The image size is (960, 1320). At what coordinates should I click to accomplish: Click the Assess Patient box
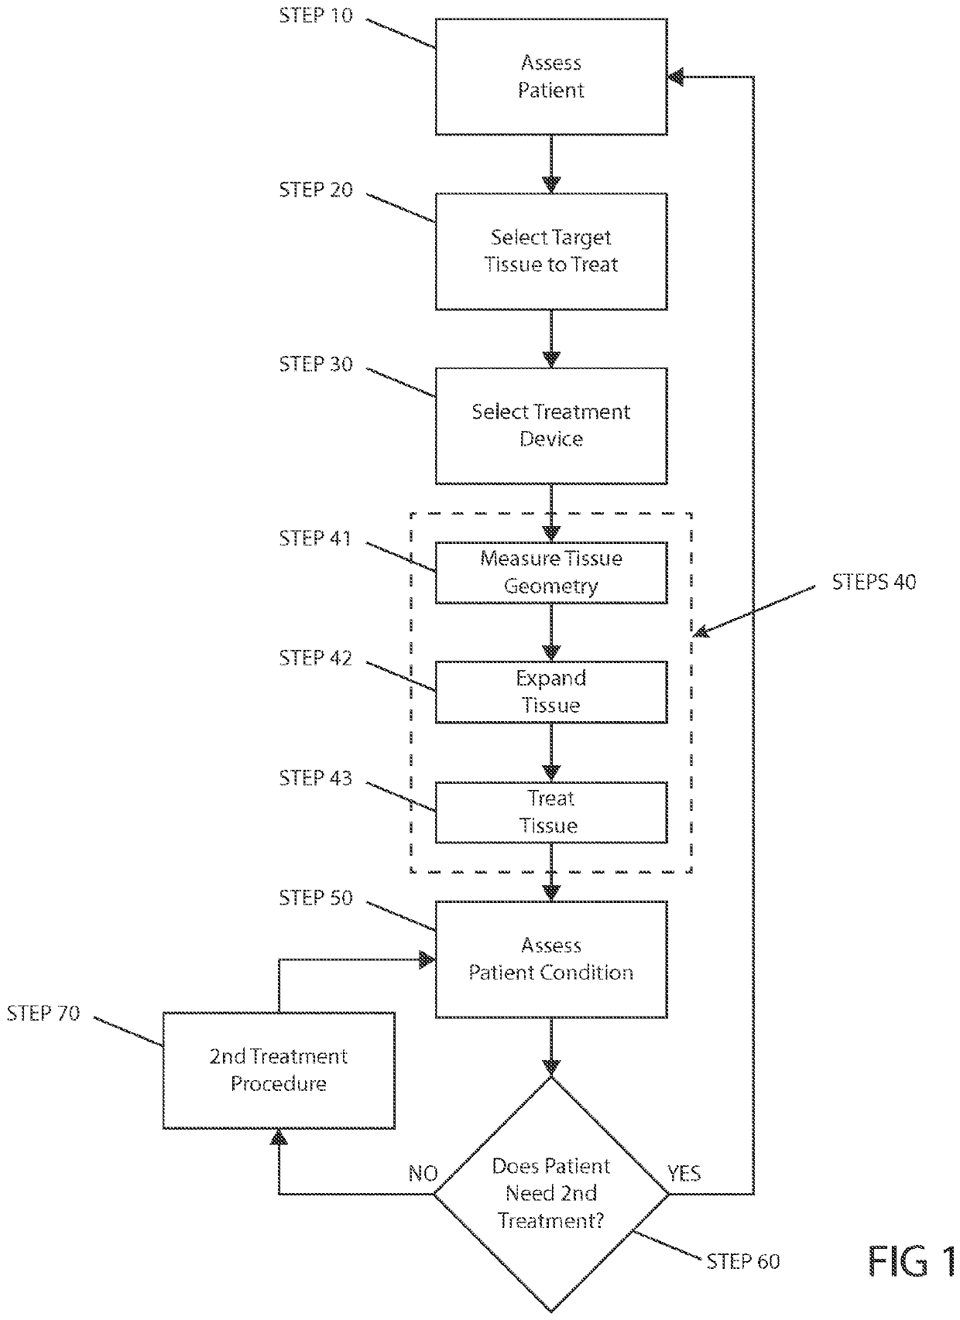[x=551, y=77]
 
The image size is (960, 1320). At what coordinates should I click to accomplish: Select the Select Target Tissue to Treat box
[x=551, y=251]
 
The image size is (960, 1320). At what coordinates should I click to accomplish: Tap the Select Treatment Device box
[x=551, y=426]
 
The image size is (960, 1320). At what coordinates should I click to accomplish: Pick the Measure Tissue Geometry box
[x=551, y=573]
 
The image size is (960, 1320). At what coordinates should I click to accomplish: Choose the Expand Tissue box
[x=551, y=692]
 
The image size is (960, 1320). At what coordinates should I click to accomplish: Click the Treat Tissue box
[x=551, y=812]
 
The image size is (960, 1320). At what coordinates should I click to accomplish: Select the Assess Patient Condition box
[x=551, y=959]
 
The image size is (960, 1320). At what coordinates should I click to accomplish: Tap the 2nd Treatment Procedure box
[x=279, y=1071]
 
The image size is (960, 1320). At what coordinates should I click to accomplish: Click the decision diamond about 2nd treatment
[x=551, y=1195]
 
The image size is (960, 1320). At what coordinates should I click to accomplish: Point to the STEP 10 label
[x=316, y=15]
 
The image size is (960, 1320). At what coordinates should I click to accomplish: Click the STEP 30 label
[x=316, y=364]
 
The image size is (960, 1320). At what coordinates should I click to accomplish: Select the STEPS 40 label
[x=874, y=582]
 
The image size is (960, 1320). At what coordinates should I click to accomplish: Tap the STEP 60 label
[x=743, y=1261]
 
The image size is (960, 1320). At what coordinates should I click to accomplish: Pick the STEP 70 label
[x=43, y=1013]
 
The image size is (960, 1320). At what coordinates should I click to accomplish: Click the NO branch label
[x=423, y=1174]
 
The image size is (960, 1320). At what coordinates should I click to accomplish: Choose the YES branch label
[x=684, y=1173]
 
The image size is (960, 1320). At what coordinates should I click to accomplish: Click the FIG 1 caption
[x=912, y=1262]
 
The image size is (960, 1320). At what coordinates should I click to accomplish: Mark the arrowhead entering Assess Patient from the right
[x=676, y=77]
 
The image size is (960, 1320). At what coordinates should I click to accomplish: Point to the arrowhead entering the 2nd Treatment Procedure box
[x=279, y=1137]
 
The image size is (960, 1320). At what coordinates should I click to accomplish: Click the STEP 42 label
[x=315, y=658]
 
